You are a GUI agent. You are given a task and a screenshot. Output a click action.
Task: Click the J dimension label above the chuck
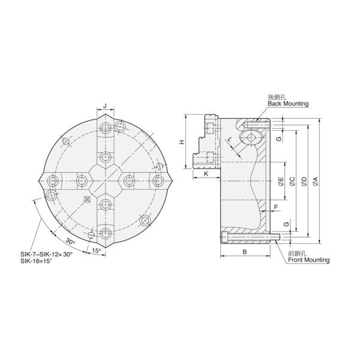(x=105, y=106)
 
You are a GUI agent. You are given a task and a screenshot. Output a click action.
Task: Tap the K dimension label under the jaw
(x=205, y=173)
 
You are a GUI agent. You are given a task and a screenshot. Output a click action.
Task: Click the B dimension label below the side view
(x=244, y=252)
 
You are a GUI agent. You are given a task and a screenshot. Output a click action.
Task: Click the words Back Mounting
(x=288, y=104)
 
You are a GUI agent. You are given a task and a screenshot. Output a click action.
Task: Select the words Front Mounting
(x=308, y=260)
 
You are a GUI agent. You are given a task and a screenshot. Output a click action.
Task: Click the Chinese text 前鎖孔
(x=296, y=254)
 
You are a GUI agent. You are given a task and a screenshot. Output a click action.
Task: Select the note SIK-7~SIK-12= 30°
(x=55, y=254)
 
